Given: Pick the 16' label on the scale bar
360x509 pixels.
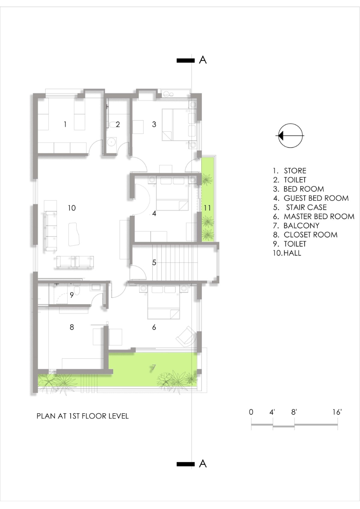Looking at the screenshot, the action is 337,412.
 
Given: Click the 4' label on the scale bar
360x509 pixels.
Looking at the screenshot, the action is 272,412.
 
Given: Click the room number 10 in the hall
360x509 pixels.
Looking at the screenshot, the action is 72,208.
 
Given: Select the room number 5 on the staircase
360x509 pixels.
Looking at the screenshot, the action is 154,263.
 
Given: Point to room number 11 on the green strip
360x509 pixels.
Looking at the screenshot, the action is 207,208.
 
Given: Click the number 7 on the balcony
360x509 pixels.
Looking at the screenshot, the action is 154,367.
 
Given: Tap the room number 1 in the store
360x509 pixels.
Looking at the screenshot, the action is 65,124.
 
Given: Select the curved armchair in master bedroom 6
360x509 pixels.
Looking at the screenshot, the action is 186,335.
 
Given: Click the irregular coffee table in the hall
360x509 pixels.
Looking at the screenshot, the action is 74,234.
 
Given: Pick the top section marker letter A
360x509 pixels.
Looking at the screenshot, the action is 203,60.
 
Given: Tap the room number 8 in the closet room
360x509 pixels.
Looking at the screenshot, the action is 72,327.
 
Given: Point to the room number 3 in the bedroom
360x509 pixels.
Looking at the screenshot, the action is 154,124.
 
